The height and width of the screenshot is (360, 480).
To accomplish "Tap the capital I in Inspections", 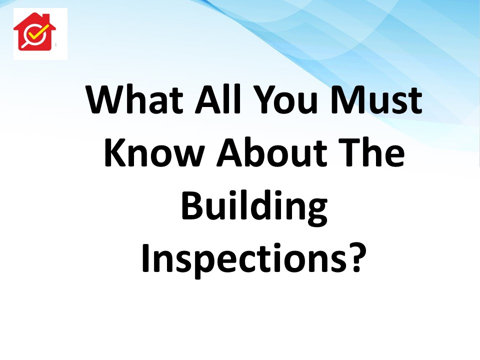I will [145, 257].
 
